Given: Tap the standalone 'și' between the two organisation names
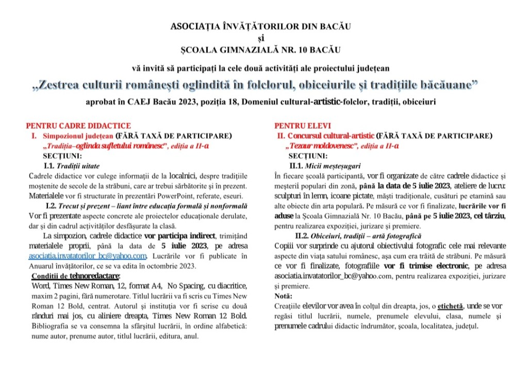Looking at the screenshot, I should (263, 38).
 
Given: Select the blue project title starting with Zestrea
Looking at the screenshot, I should (263, 85).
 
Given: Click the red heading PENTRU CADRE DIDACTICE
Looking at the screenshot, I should (78, 125).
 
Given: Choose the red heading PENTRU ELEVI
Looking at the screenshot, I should (303, 125).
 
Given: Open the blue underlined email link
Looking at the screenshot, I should (88, 256).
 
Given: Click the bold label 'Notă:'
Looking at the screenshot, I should (283, 296).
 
